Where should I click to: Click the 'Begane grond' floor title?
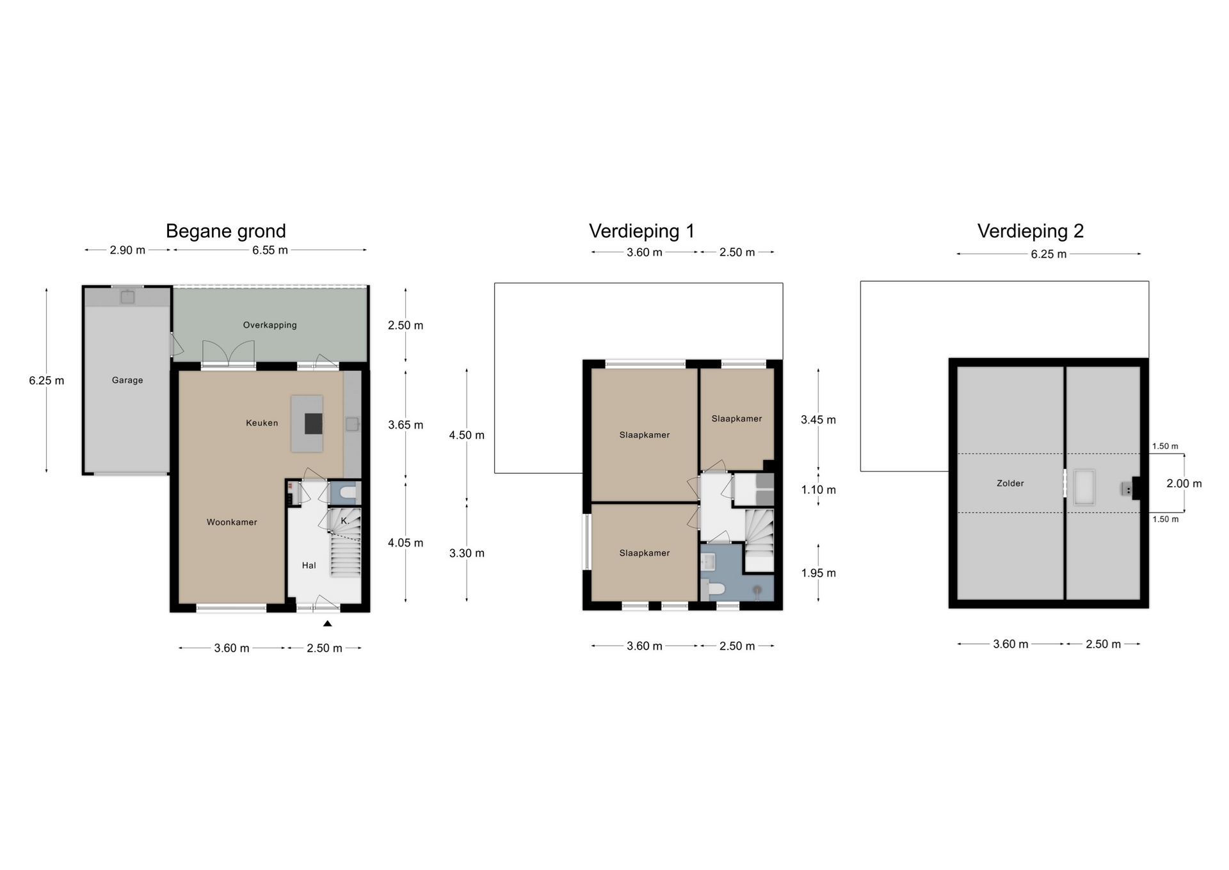225,231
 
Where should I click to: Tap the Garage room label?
127,381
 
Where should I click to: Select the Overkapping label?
269,325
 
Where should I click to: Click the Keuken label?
262,423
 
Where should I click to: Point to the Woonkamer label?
232,522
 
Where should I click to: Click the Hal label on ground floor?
309,565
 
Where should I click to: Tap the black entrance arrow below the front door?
327,623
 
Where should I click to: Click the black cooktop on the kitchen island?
313,423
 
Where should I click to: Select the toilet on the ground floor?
348,493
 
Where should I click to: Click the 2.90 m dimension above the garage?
127,250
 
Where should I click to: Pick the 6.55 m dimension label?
269,250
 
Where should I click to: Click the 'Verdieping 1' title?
641,231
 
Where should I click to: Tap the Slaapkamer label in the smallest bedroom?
737,419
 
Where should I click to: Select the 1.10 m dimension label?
818,490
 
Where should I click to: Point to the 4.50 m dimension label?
467,436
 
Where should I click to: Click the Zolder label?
1010,484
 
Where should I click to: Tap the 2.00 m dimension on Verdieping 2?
1184,484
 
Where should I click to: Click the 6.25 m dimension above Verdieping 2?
1048,254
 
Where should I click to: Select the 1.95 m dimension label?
818,573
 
